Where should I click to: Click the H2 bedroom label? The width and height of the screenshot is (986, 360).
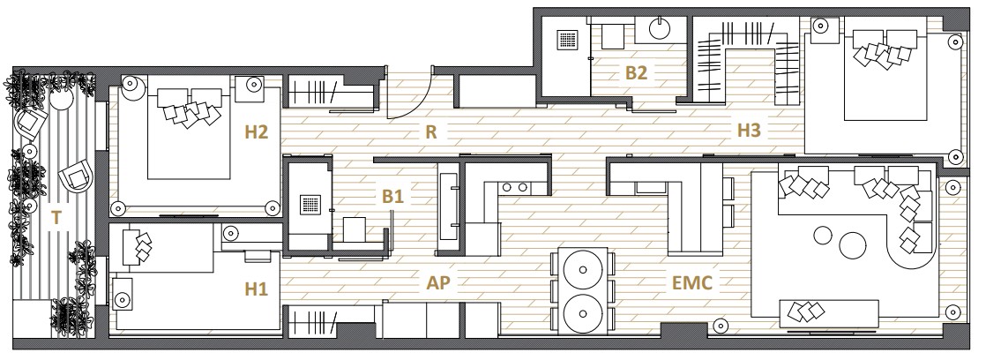tap(257, 132)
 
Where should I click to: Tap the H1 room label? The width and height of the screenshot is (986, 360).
tap(256, 289)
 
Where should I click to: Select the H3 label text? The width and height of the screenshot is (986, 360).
tap(749, 131)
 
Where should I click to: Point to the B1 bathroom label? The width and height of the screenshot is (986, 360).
tap(392, 197)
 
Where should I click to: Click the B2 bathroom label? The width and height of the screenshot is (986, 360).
tap(636, 73)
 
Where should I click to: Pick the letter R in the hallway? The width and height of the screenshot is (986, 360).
tap(430, 132)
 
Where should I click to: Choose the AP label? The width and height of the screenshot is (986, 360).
tap(438, 283)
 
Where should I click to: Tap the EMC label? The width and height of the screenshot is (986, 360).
tap(691, 283)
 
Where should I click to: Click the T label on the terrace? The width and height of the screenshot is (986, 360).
tap(56, 219)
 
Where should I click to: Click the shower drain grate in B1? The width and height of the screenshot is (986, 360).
tap(310, 206)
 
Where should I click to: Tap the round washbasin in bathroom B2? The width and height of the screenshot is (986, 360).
tap(660, 27)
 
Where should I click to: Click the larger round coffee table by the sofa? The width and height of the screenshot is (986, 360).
tap(853, 245)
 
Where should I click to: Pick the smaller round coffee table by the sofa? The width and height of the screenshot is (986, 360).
tap(823, 236)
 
